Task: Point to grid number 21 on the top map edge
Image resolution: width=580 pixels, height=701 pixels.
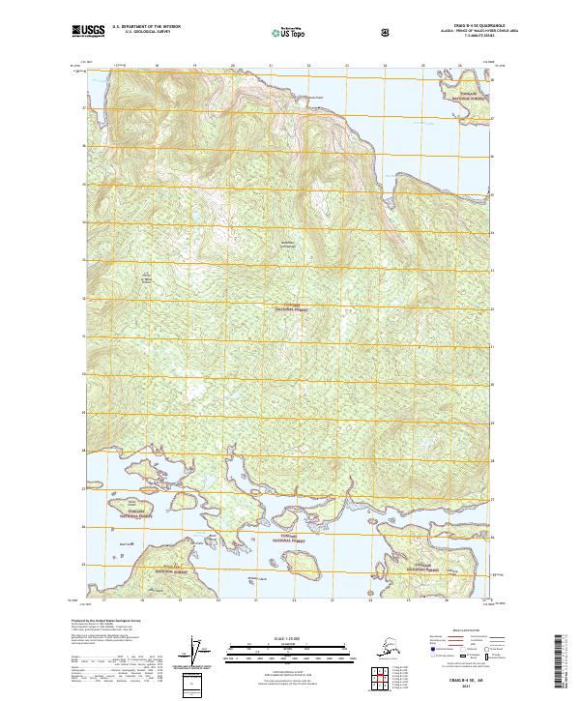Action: coord(271,67)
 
